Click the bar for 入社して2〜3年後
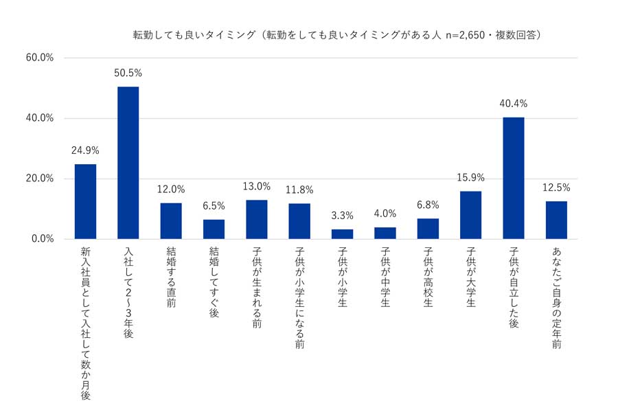(128, 163)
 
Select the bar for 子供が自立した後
(514, 178)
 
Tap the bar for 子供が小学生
(342, 234)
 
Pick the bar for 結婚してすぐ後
(214, 229)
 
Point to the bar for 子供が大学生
(470, 215)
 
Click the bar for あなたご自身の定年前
(556, 220)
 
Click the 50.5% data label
(128, 73)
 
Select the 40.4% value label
(514, 104)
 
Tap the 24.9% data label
(85, 150)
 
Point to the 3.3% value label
(342, 216)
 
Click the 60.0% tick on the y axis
(40, 58)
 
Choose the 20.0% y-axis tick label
(40, 179)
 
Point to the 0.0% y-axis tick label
(42, 239)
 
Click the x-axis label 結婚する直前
(171, 277)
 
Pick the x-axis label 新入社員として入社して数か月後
(85, 323)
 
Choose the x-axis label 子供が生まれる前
(256, 287)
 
